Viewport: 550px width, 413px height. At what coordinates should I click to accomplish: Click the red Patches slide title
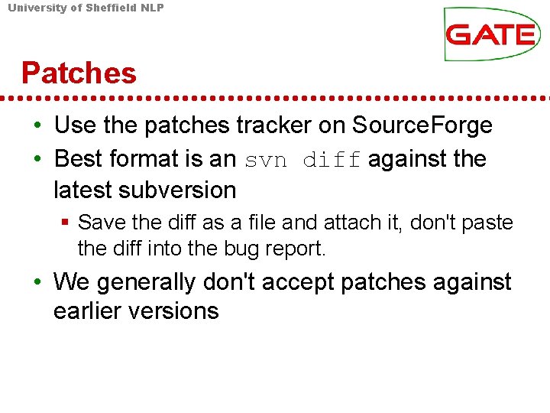pyautogui.click(x=79, y=73)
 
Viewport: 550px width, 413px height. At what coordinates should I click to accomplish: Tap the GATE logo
pyautogui.click(x=491, y=34)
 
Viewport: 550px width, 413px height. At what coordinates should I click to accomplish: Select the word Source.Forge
pyautogui.click(x=422, y=125)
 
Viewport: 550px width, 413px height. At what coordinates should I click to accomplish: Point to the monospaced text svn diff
pyautogui.click(x=303, y=160)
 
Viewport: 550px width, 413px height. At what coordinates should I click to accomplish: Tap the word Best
pyautogui.click(x=79, y=159)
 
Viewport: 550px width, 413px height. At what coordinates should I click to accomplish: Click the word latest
pyautogui.click(x=82, y=189)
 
